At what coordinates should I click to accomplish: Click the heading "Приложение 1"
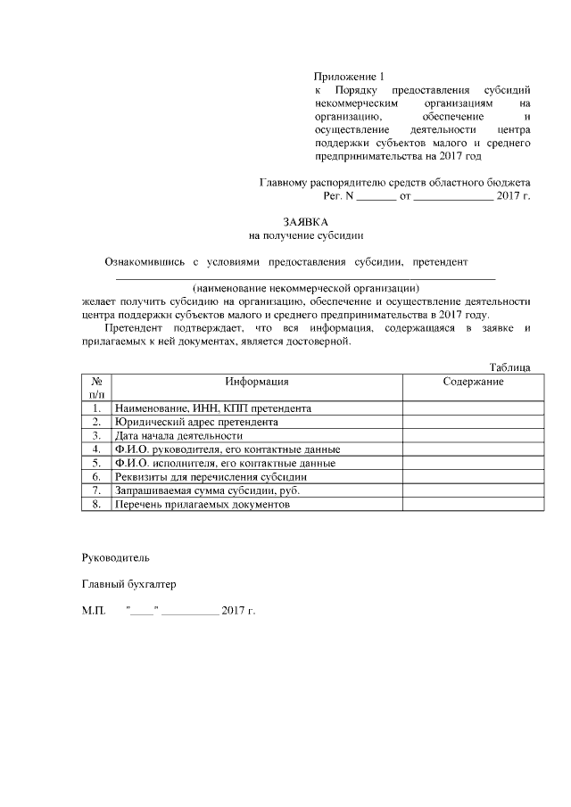pyautogui.click(x=352, y=78)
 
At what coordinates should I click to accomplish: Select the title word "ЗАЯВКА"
pyautogui.click(x=306, y=221)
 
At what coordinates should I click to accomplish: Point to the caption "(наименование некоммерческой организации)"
pyautogui.click(x=306, y=288)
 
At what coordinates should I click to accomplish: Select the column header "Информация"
pyautogui.click(x=256, y=382)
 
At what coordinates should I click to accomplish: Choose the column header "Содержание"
pyautogui.click(x=473, y=382)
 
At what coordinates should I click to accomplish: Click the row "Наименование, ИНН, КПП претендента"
pyautogui.click(x=212, y=408)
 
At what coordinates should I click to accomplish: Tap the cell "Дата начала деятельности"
pyautogui.click(x=179, y=435)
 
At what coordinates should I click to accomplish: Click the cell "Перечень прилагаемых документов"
pyautogui.click(x=203, y=505)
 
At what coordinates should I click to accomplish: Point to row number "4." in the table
pyautogui.click(x=95, y=449)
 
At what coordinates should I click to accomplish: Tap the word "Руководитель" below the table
pyautogui.click(x=116, y=556)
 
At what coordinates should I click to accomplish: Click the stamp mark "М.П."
pyautogui.click(x=93, y=612)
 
